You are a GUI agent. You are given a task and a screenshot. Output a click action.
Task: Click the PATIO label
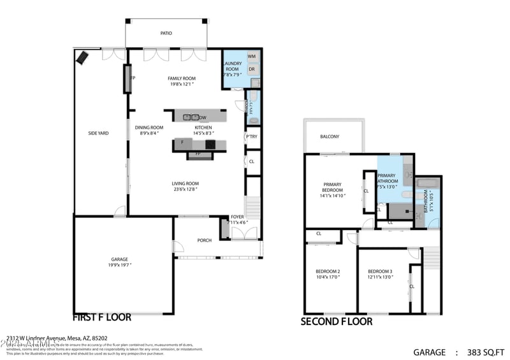(x=166, y=33)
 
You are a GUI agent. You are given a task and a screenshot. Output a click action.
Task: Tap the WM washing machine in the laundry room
(x=252, y=57)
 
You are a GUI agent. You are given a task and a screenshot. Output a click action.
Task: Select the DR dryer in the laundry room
(x=252, y=69)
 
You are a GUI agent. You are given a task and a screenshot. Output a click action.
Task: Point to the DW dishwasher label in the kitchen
(x=203, y=118)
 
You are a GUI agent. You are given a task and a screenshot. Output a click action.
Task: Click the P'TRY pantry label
(x=252, y=136)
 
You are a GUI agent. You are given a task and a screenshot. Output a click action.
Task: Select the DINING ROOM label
(x=149, y=127)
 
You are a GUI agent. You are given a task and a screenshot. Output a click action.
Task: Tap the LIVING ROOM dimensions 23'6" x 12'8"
(x=185, y=189)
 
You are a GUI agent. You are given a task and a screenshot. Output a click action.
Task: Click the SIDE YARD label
(x=98, y=133)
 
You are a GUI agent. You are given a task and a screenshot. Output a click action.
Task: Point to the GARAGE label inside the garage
(x=120, y=259)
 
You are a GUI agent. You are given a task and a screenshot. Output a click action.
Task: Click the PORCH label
(x=204, y=240)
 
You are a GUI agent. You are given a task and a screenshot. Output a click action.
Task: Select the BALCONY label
(x=330, y=136)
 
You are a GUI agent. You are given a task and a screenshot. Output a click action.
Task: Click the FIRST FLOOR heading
(x=102, y=317)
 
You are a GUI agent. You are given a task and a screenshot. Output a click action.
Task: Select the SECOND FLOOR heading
(x=336, y=322)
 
